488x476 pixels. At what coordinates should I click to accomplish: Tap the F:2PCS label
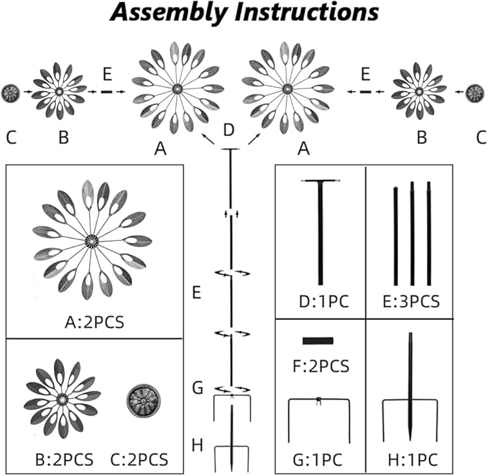[321, 366]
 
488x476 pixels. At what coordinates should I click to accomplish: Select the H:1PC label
[410, 459]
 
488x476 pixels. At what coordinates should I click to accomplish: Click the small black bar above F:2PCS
[317, 341]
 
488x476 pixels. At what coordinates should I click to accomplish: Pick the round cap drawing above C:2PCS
[140, 398]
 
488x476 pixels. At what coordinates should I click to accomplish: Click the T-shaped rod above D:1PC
[320, 230]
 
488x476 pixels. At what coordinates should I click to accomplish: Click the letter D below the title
[229, 130]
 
